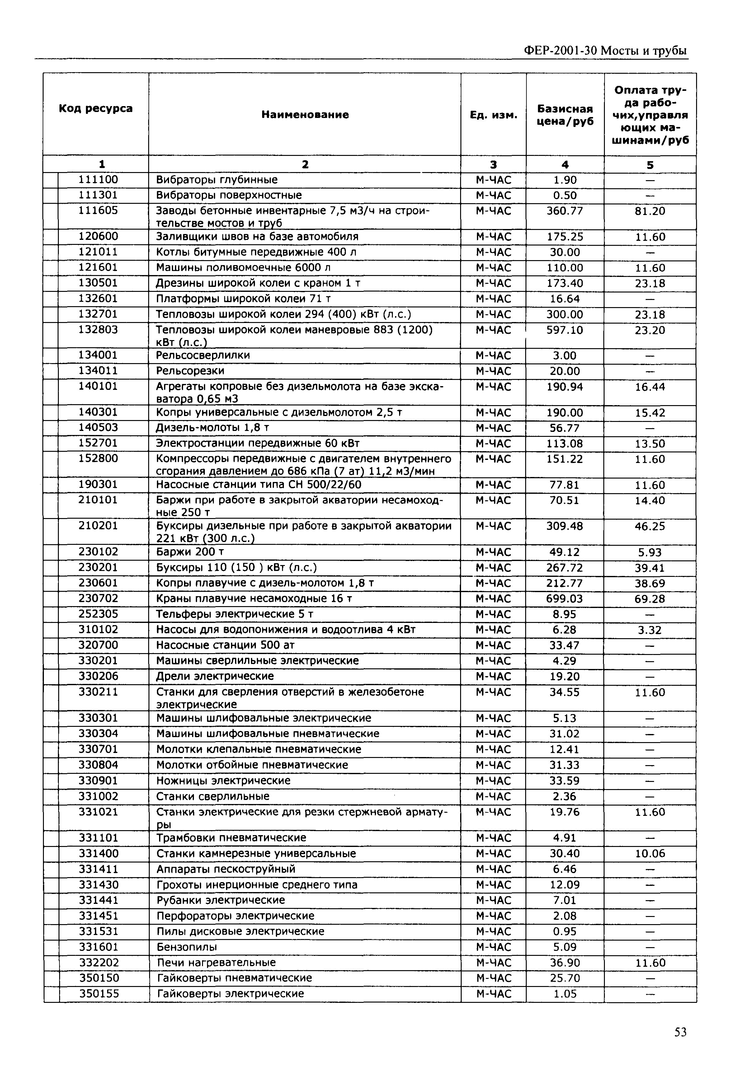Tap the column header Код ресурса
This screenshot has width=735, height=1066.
pyautogui.click(x=96, y=109)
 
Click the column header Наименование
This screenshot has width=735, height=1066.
pyautogui.click(x=305, y=115)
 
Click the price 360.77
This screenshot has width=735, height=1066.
pyautogui.click(x=565, y=211)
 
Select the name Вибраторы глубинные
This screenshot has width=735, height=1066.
pyautogui.click(x=216, y=180)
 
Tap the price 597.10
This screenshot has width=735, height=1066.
pyautogui.click(x=565, y=330)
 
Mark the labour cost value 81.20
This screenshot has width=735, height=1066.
pyautogui.click(x=649, y=211)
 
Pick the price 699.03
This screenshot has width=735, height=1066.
pyautogui.click(x=565, y=599)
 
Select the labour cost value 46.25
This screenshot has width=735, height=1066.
pyautogui.click(x=649, y=526)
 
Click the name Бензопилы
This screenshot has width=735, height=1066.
pyautogui.click(x=186, y=947)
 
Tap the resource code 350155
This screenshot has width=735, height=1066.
pyautogui.click(x=99, y=994)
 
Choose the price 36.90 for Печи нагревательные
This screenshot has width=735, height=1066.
pyautogui.click(x=565, y=963)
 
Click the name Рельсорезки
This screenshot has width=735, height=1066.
pyautogui.click(x=190, y=371)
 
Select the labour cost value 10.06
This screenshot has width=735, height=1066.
pyautogui.click(x=649, y=854)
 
